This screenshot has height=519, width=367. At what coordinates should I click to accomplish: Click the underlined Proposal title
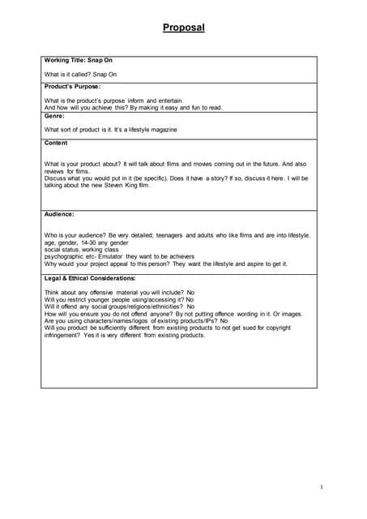click(x=183, y=28)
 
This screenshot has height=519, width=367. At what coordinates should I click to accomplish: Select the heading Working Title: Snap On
click(x=78, y=61)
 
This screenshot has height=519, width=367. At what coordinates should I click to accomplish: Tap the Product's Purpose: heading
click(x=72, y=86)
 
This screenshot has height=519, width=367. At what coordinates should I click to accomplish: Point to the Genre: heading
click(x=54, y=116)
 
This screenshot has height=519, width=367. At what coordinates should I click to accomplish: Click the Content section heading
click(x=56, y=143)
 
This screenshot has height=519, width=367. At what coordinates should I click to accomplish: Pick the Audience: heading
click(x=59, y=214)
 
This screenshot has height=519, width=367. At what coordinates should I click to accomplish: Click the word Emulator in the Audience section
click(x=106, y=256)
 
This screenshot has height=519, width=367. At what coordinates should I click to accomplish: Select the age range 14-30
click(x=91, y=242)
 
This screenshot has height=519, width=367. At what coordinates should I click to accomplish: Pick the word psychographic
click(x=64, y=256)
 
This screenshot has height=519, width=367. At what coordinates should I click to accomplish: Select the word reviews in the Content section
click(x=56, y=171)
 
